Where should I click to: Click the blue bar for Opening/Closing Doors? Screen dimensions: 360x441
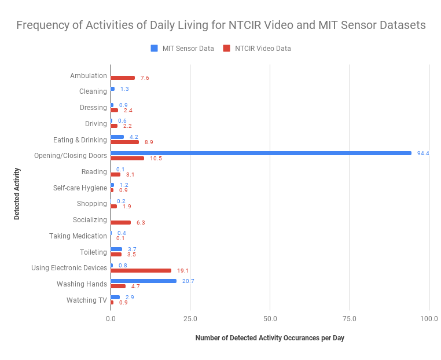coord(260,153)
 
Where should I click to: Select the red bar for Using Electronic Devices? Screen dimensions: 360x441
coord(141,270)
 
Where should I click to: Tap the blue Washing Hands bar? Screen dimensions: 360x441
coord(144,281)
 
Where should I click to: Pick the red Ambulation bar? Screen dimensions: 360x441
coord(123,78)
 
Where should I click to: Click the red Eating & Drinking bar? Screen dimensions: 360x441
coord(124,142)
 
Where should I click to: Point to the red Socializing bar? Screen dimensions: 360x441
coord(120,222)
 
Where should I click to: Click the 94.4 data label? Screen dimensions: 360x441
coord(423,153)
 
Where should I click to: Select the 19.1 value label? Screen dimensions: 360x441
coord(183,270)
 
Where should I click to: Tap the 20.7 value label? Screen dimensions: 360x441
coord(188,280)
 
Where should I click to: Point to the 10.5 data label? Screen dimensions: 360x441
coord(156,158)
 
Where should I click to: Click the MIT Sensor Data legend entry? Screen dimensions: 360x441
coord(182,49)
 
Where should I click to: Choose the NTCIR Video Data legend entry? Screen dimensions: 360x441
coord(258,49)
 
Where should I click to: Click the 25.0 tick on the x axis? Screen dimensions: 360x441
coord(190,319)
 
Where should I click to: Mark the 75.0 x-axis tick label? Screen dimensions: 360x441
coord(350,319)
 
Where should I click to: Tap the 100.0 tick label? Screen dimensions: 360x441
coord(429,319)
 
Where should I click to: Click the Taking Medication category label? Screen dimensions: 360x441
coord(78,236)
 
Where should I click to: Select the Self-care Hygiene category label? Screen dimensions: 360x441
coord(79,188)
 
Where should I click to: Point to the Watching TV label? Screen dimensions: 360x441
coord(86,300)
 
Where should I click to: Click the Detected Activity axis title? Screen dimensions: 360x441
coord(17,193)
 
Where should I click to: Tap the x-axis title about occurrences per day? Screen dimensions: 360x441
coord(270,338)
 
